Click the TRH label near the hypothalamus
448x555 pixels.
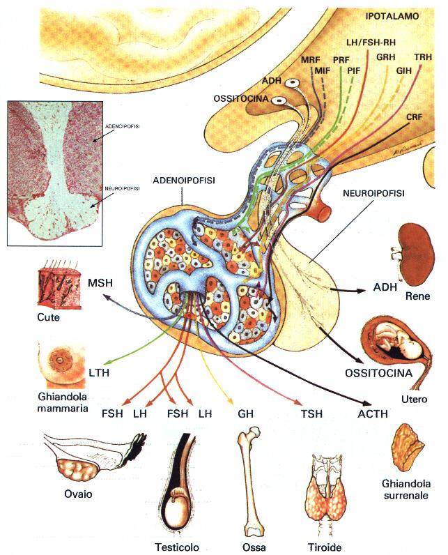point(422,56)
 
